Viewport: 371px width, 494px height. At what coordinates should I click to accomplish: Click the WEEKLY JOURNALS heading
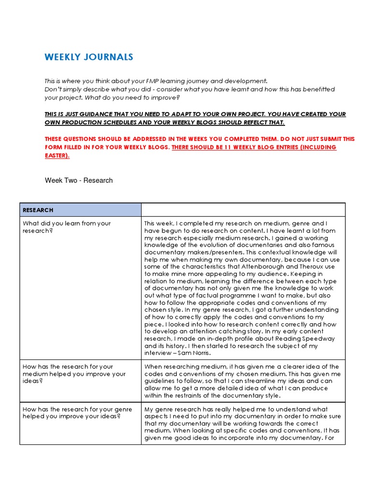pos(89,57)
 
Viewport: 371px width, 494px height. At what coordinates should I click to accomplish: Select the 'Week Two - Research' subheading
pos(79,180)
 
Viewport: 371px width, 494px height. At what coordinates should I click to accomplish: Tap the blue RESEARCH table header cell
pos(80,210)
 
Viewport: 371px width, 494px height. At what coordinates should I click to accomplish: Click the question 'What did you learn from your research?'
pos(67,227)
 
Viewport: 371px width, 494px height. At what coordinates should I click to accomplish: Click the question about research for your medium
pos(74,374)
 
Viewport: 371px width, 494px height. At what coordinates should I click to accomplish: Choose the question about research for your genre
pos(71,413)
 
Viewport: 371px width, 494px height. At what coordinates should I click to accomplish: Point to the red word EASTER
pos(57,155)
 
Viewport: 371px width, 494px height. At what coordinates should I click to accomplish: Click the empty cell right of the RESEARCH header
pos(243,210)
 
